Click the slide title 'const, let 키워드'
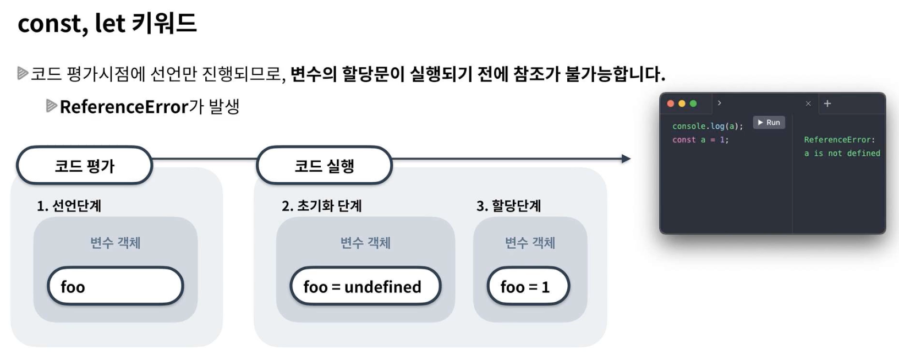[107, 23]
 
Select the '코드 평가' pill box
[84, 166]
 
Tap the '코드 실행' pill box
[324, 166]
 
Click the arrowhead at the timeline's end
[626, 159]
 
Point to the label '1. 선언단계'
[69, 206]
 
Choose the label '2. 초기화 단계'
[322, 206]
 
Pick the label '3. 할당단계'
[509, 206]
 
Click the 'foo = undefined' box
[365, 286]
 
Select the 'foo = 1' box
[528, 286]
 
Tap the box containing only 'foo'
[116, 286]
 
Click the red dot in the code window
[670, 103]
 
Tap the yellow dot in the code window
[682, 103]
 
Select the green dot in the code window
[693, 103]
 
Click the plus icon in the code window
[827, 103]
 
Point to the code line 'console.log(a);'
[708, 126]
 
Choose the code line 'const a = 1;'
[700, 140]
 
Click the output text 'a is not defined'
[842, 154]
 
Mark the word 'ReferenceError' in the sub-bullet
[124, 107]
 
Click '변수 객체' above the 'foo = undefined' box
[365, 243]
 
